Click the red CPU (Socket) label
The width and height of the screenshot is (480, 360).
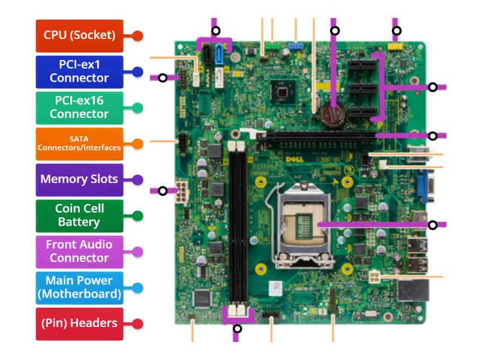tap(79, 35)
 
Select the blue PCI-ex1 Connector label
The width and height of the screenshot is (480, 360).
tap(79, 71)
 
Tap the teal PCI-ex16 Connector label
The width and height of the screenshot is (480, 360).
tap(79, 107)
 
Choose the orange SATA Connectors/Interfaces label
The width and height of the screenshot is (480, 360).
tap(79, 143)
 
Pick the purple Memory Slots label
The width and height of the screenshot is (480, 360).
tap(79, 179)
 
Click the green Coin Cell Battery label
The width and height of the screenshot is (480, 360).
tap(79, 215)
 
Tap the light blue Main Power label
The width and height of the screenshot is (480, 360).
tap(79, 287)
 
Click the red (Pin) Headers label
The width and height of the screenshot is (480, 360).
tap(79, 323)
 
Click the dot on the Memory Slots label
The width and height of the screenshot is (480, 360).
tap(137, 179)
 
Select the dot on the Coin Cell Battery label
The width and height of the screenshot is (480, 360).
tap(137, 215)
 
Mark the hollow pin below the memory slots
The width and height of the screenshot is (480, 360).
tap(238, 328)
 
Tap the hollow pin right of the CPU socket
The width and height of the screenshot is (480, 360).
tap(433, 225)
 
